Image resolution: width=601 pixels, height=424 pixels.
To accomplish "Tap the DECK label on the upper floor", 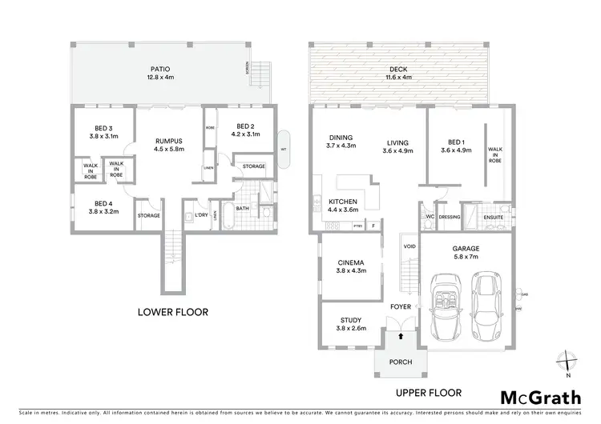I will [x=400, y=69].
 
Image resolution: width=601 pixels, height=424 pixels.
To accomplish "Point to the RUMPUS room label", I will [x=168, y=142].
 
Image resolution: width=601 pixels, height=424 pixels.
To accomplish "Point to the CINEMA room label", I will [x=353, y=266].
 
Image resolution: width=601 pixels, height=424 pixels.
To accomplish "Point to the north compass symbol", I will [x=567, y=362].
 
